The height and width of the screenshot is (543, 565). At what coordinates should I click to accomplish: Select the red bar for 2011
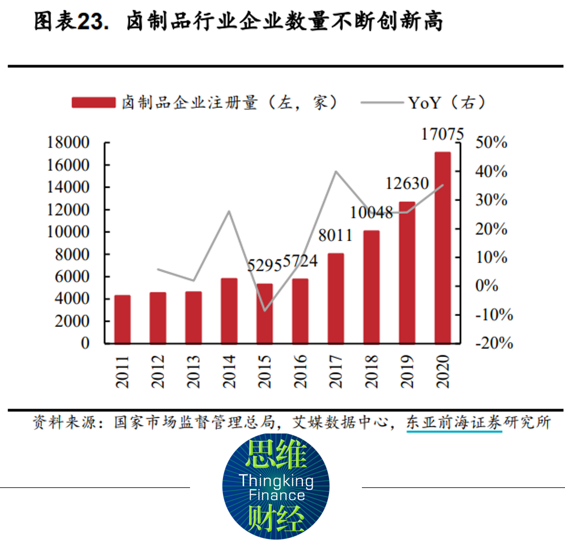click(x=123, y=319)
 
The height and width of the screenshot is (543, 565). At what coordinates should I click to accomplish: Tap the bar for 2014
click(x=229, y=310)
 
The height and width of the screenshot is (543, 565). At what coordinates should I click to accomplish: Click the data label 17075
click(x=442, y=135)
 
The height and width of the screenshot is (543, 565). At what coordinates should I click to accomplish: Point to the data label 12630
click(x=407, y=184)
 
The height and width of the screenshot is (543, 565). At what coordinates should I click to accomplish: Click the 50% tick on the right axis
click(x=491, y=142)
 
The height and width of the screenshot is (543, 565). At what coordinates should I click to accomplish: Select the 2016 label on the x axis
click(x=301, y=371)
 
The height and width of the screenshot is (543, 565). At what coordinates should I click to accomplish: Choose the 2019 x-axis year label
click(x=407, y=371)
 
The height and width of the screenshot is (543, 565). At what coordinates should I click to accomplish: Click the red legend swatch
click(x=94, y=102)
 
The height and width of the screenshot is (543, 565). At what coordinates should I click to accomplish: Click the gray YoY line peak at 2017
click(x=336, y=171)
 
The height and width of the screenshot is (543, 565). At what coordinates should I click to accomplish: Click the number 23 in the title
click(x=90, y=23)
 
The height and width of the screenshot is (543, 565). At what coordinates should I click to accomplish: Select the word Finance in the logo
click(x=276, y=495)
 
